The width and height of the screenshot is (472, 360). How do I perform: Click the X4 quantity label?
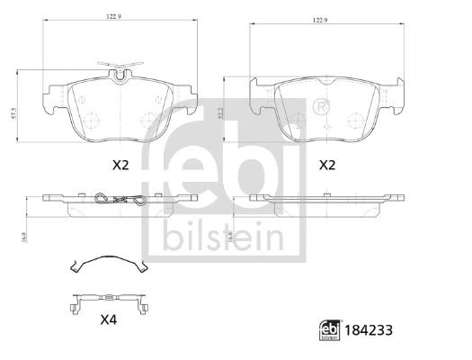109,319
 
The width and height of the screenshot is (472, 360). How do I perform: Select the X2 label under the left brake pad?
120,165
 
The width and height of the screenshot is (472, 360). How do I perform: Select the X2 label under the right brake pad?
328,165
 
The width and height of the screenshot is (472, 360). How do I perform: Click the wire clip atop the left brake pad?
120,69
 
